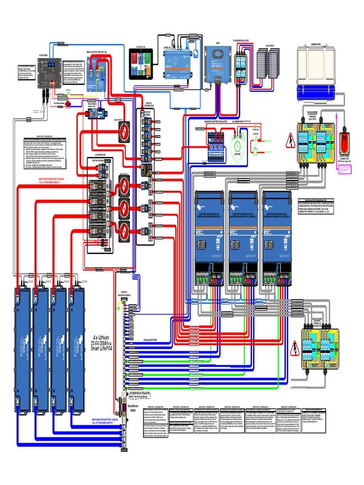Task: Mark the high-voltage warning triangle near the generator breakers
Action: point(289,142)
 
